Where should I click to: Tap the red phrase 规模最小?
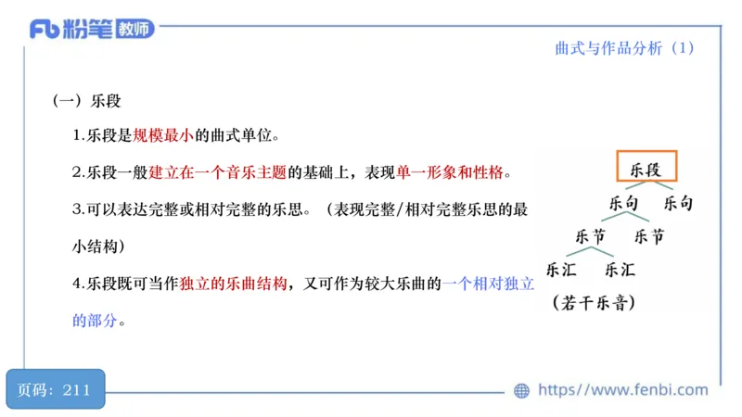[162, 135]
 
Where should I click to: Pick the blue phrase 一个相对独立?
[489, 284]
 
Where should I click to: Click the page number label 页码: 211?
[54, 389]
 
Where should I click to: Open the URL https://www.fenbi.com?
[622, 390]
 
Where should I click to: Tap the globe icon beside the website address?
[521, 391]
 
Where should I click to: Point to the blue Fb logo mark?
[45, 30]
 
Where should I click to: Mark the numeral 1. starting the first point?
[78, 135]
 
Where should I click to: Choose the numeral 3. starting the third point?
[78, 209]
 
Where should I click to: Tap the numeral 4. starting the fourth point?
[78, 284]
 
